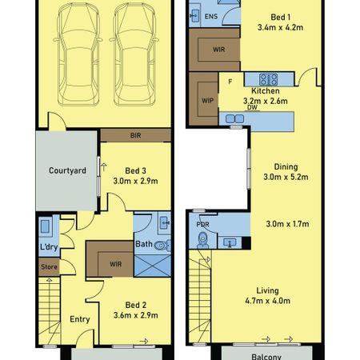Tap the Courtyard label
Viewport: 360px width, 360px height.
(x=67, y=170)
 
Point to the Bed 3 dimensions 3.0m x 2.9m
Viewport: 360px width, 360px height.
(x=135, y=182)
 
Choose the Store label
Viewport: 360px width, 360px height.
(x=48, y=266)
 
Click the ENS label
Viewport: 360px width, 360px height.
(x=210, y=17)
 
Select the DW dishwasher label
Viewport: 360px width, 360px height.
(x=251, y=107)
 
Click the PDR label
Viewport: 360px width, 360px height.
(x=202, y=225)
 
